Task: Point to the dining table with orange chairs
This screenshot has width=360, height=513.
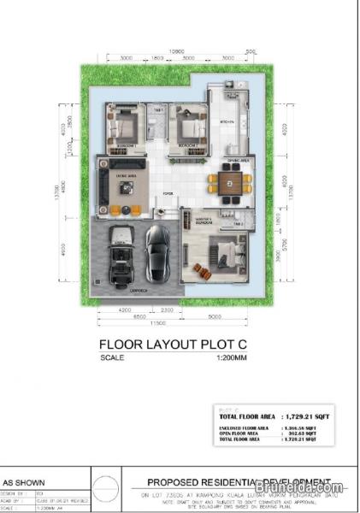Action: (229, 181)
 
